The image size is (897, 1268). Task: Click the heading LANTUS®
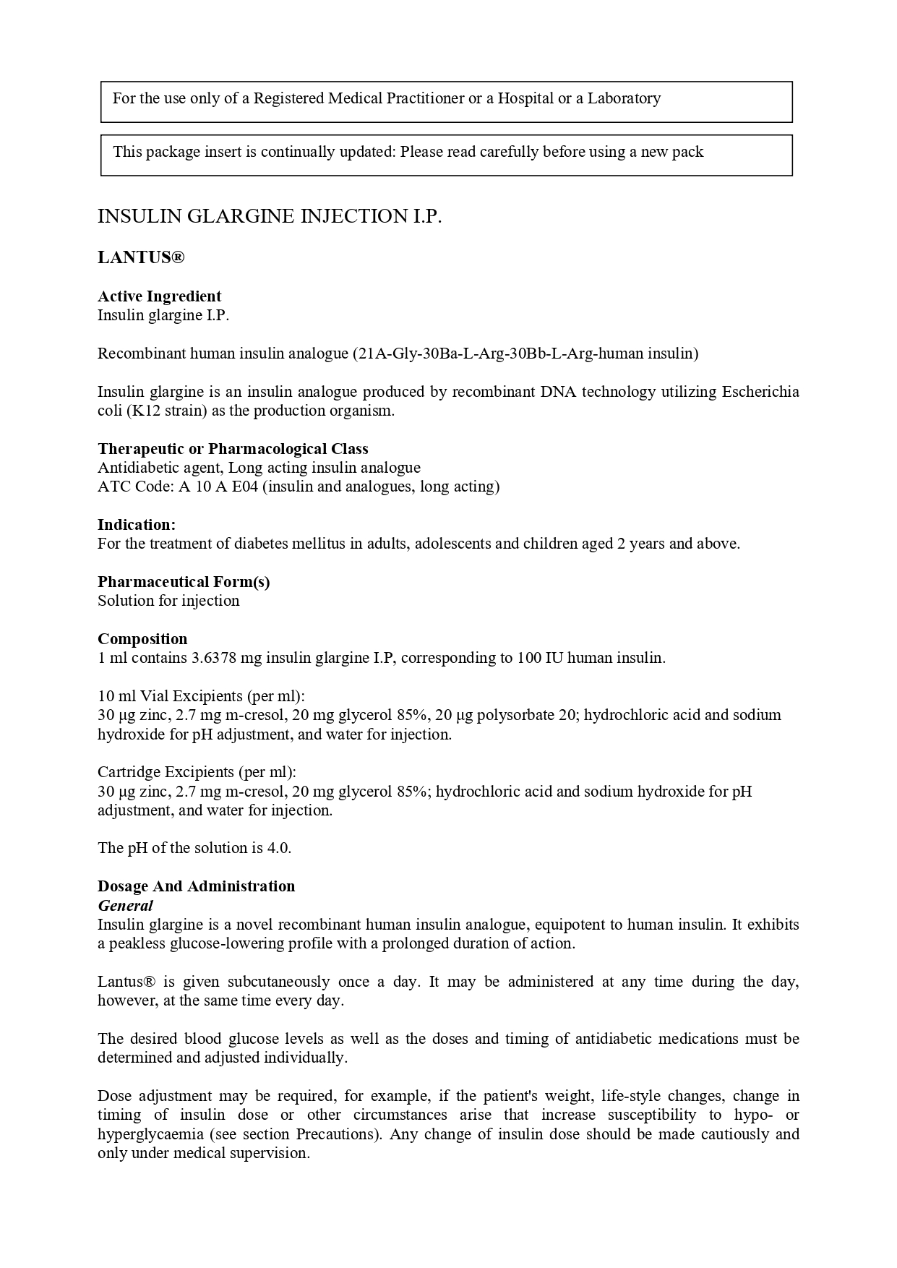click(141, 258)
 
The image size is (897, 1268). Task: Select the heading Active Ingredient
click(159, 296)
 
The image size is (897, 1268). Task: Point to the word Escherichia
click(760, 392)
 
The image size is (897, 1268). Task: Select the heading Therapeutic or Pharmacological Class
click(233, 449)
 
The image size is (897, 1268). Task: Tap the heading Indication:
click(137, 525)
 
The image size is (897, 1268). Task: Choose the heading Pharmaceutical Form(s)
click(184, 582)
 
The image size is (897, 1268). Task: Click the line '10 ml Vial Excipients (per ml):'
click(201, 696)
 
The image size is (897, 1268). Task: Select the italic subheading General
click(125, 906)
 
